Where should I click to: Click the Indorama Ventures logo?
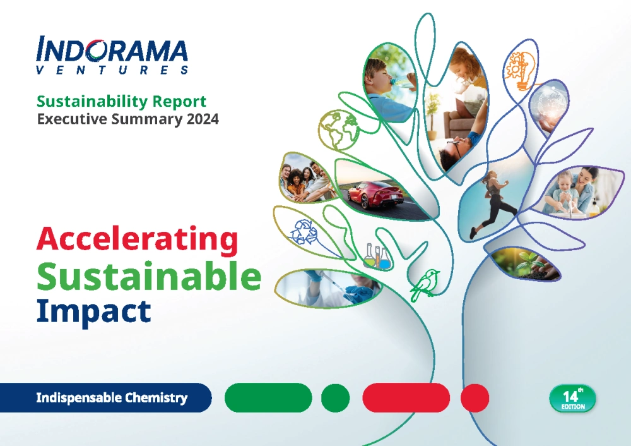coord(112,55)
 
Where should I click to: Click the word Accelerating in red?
coord(137,239)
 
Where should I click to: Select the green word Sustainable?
coord(149,276)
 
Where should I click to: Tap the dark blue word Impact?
coord(94,312)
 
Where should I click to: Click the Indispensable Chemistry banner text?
coord(112,397)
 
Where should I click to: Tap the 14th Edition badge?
coord(572,398)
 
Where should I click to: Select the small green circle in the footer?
coord(335,398)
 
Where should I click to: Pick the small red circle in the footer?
coord(475,398)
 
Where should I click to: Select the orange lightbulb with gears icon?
coord(521,71)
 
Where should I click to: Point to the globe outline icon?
coord(338,130)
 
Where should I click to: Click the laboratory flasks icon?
coord(377,256)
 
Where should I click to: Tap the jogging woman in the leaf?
coord(494,202)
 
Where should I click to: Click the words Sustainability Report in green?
coord(122,102)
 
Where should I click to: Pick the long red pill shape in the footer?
coord(406,398)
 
